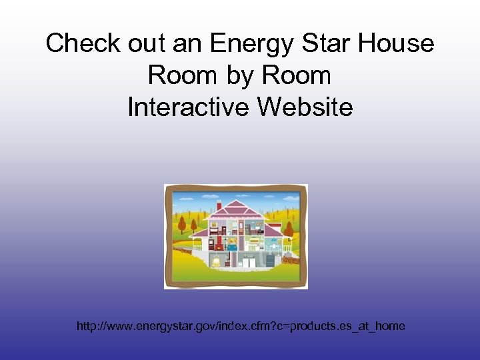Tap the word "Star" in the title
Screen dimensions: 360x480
pos(319,44)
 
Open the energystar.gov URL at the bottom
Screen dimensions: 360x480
pos(241,326)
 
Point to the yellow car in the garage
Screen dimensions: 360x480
pos(217,261)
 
